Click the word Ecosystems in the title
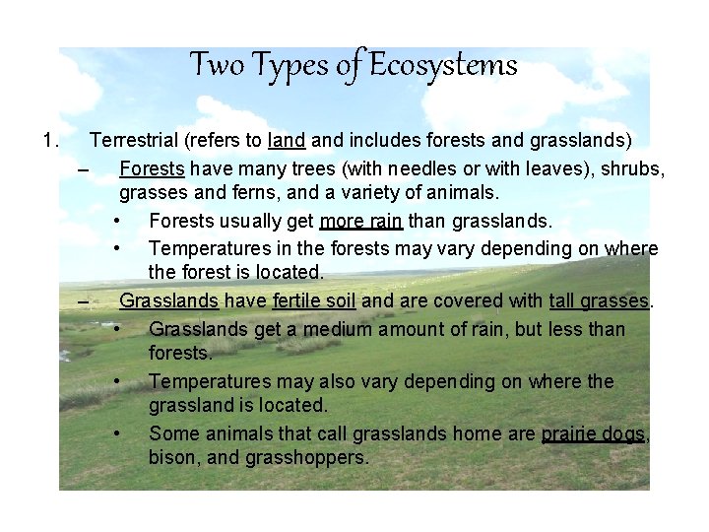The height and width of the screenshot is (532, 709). click(443, 66)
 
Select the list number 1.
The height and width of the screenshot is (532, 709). click(51, 140)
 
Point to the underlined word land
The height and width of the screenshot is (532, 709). click(285, 140)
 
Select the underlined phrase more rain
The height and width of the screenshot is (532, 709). click(360, 220)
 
